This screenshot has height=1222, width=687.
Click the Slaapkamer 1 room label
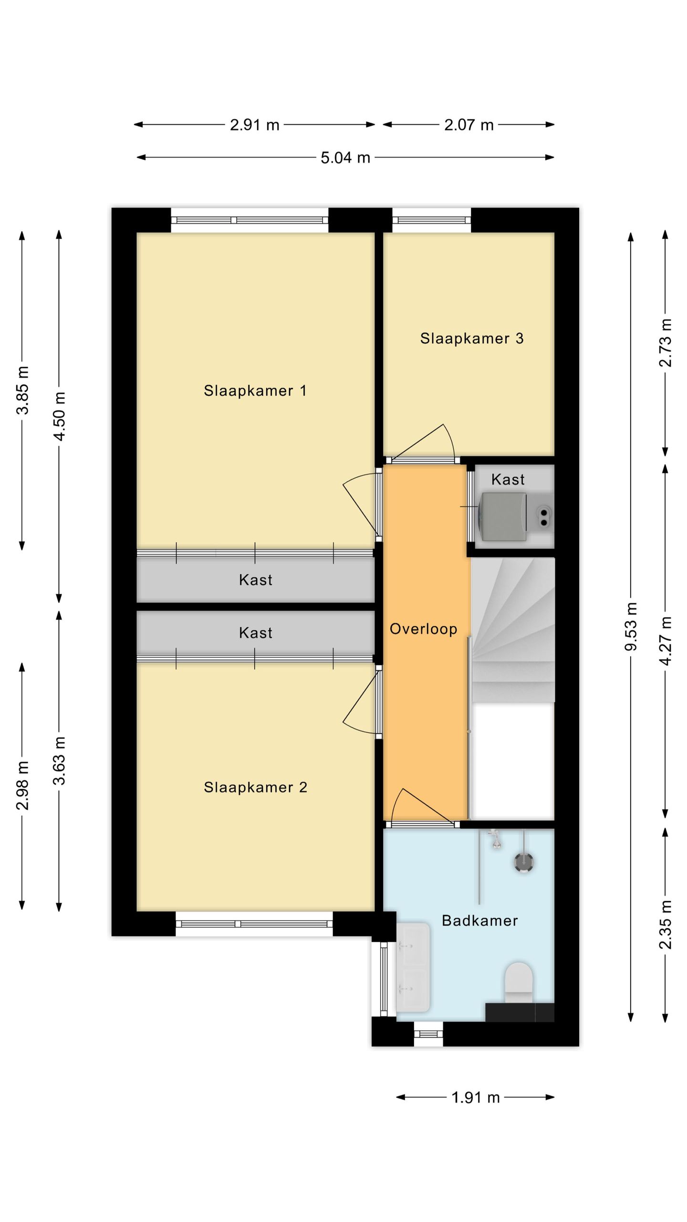click(255, 390)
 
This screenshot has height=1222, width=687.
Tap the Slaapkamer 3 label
click(471, 338)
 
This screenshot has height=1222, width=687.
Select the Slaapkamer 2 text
click(255, 787)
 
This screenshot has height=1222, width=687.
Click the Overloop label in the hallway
click(423, 629)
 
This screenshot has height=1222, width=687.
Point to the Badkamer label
click(479, 920)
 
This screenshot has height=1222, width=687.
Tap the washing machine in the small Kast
click(503, 517)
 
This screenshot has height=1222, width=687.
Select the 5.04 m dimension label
click(345, 158)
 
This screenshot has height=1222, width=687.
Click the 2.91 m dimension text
click(254, 125)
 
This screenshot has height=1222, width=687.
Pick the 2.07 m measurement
click(468, 125)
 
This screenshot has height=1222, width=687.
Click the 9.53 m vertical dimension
click(631, 626)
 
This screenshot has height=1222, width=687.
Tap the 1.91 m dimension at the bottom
click(475, 1097)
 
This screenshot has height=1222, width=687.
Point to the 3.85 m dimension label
click(22, 390)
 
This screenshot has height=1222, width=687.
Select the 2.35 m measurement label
click(666, 925)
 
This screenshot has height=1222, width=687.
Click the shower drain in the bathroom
click(523, 862)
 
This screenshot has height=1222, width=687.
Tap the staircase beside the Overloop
click(513, 630)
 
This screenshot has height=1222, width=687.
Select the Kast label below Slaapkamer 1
click(255, 580)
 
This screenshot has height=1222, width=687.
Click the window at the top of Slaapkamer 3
click(431, 220)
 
